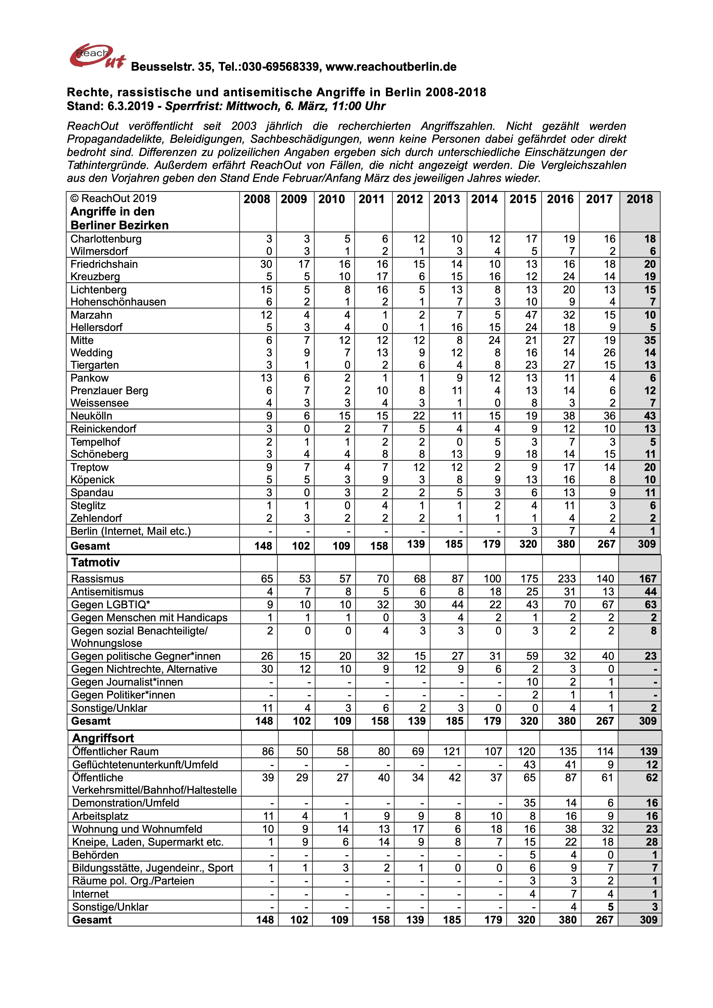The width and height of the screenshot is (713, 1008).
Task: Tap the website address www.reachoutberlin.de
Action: click(x=391, y=67)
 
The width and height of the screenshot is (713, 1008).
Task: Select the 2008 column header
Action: click(x=257, y=199)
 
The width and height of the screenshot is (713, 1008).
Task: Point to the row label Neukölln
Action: click(x=91, y=416)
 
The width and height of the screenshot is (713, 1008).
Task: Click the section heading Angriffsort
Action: click(x=103, y=738)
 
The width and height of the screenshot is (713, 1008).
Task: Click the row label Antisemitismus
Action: click(x=107, y=592)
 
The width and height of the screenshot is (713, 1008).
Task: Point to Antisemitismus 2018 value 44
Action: click(x=650, y=592)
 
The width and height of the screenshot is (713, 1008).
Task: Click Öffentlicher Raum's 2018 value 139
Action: click(x=648, y=752)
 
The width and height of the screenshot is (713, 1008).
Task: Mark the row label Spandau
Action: click(x=92, y=493)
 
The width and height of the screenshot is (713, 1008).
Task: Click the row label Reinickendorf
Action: click(x=103, y=429)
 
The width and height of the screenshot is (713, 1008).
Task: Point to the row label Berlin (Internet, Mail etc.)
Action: click(x=131, y=531)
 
